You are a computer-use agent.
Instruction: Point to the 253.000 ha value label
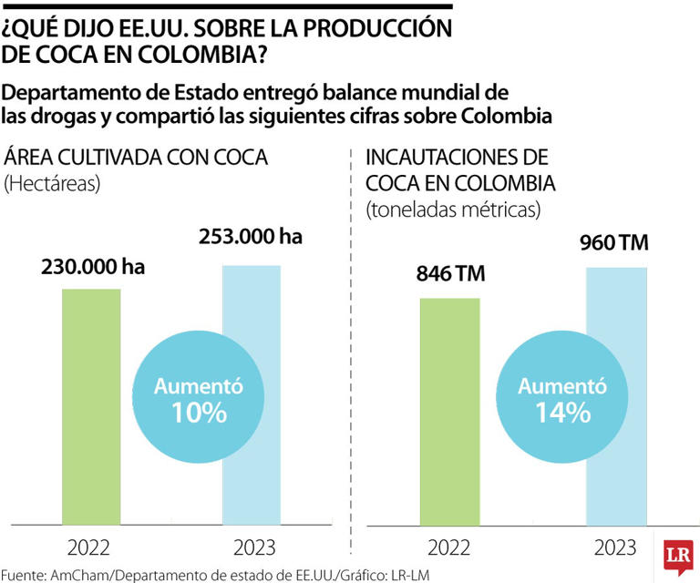coord(250,238)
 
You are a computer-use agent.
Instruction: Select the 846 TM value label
coord(450,274)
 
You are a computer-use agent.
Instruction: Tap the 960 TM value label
coord(616,243)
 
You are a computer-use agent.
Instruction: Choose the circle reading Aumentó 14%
coord(550,399)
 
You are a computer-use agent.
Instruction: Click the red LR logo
coord(676,556)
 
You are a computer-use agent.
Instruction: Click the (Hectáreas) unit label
coord(52,183)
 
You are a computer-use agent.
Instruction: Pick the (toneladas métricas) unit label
coord(454,210)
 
